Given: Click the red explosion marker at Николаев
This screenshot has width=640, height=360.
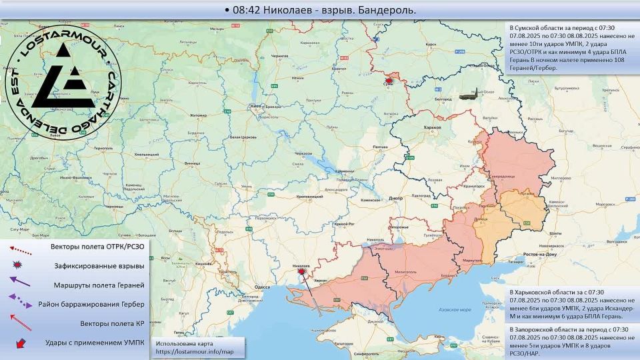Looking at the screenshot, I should tap(301, 271).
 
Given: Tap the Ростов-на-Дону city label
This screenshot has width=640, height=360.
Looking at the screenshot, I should tap(540, 255).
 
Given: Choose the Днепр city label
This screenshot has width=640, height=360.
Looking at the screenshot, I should tap(395, 198).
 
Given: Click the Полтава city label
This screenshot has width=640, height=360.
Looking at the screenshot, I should tap(380, 147).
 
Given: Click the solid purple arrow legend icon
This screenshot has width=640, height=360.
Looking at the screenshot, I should tap(21, 283).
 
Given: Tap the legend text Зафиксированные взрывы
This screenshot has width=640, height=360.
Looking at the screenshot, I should tap(99, 266).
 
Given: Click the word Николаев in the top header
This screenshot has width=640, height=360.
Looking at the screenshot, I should tap(293, 10).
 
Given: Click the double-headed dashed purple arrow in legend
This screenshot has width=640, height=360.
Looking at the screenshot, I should tap(21, 303).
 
